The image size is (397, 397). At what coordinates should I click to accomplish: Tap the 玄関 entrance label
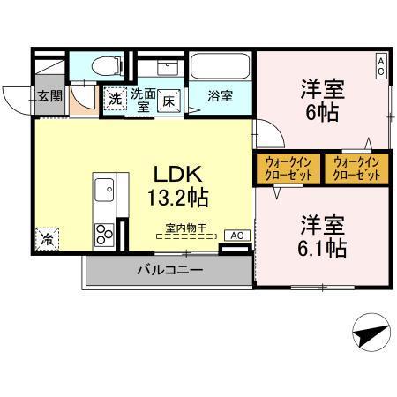(x=49, y=95)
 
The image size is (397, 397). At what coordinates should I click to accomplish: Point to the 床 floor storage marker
(x=168, y=100)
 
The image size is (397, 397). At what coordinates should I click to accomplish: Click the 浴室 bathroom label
(x=221, y=94)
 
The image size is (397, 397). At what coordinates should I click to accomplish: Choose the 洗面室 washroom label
(x=142, y=99)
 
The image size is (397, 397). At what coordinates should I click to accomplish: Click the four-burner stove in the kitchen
(x=104, y=234)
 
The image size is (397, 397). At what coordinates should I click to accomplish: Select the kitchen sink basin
(x=103, y=189)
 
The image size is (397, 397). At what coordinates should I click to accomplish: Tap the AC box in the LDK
(x=236, y=236)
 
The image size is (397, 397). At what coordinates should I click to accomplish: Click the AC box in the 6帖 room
(x=380, y=64)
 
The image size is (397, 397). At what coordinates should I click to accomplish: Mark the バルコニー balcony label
(x=169, y=270)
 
